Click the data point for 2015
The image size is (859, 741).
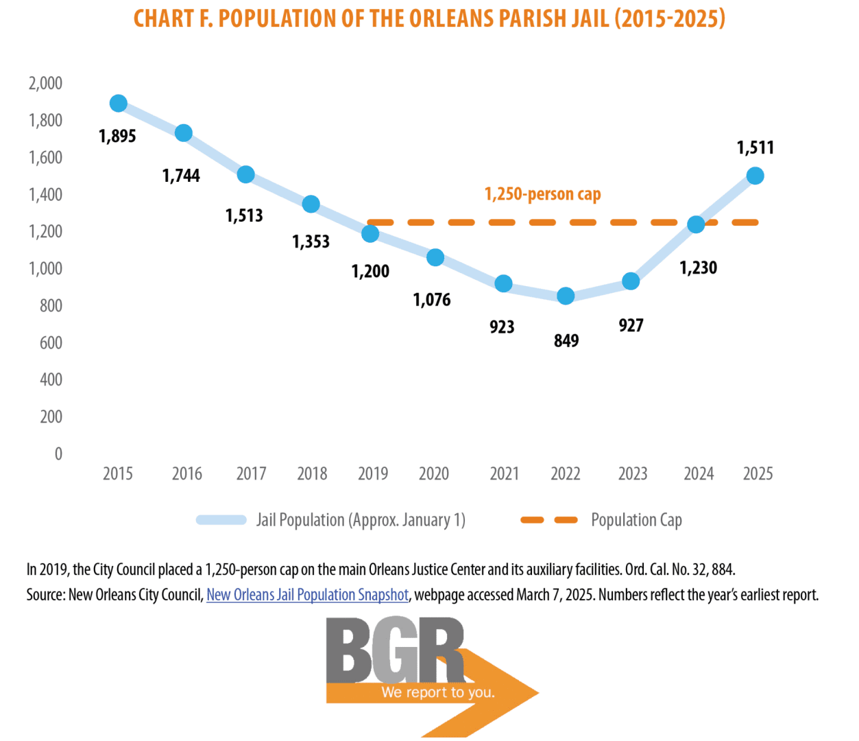[118, 104]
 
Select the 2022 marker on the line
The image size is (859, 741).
[566, 296]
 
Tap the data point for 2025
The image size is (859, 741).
[755, 176]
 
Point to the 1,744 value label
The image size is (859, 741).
[181, 176]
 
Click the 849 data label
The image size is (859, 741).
[566, 341]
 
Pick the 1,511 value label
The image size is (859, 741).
[755, 148]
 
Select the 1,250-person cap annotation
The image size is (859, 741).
[542, 195]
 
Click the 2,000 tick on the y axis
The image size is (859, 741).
[45, 84]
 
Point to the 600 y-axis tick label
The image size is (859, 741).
[51, 343]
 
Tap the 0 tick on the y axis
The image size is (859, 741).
[58, 454]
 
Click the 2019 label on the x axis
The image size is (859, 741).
[373, 474]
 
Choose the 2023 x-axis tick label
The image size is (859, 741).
[633, 474]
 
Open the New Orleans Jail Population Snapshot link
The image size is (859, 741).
[307, 595]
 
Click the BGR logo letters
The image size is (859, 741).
[395, 649]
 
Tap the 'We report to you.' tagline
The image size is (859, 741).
[438, 692]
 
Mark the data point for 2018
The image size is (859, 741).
[311, 204]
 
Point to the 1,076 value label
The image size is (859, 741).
[432, 300]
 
